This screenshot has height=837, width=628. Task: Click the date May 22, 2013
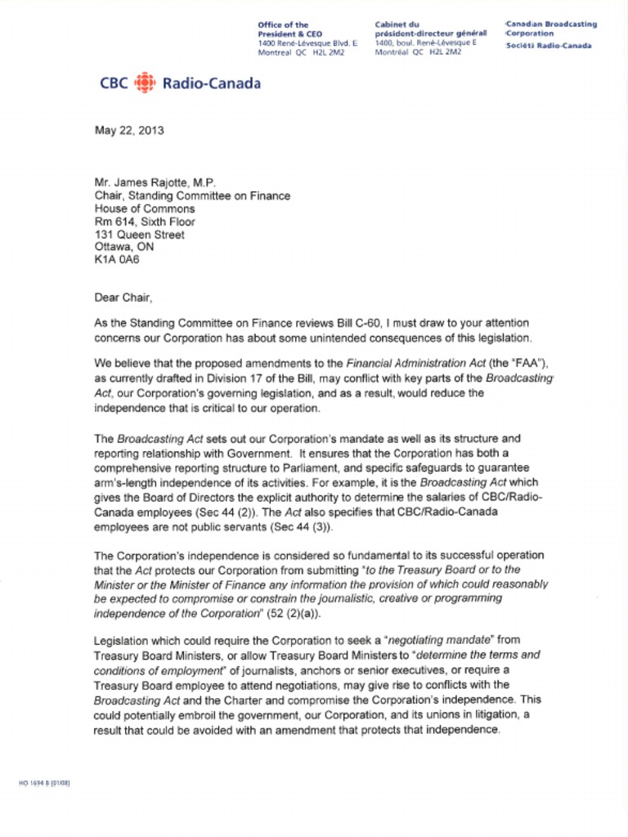(129, 130)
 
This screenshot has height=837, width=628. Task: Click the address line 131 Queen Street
(140, 234)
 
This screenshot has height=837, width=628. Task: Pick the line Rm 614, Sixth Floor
(145, 222)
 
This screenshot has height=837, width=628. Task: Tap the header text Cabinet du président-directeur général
(430, 30)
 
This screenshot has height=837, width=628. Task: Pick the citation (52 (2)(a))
(303, 613)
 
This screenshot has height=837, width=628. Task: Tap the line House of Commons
(144, 209)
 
